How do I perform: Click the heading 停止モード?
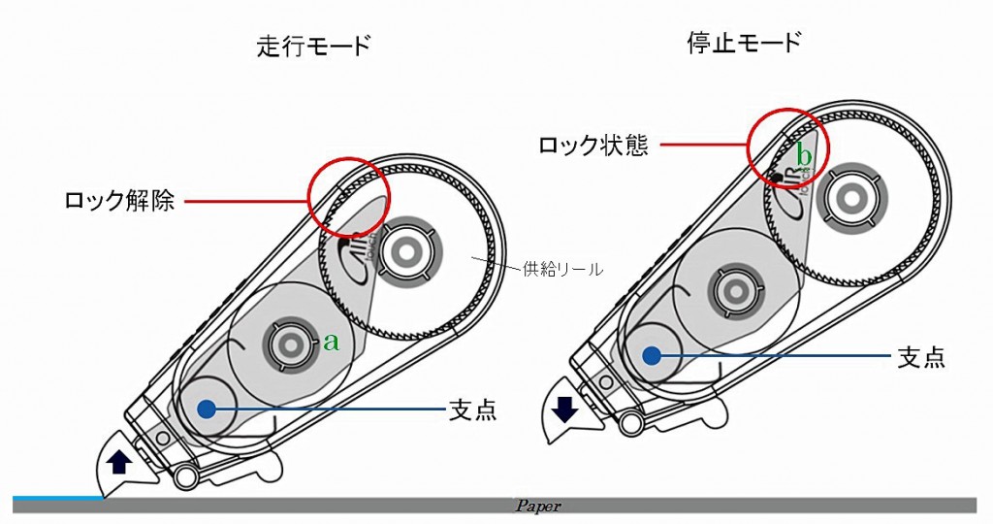(742, 43)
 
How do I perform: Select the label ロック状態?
(593, 146)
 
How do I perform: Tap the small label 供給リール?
(562, 269)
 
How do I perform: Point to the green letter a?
(331, 342)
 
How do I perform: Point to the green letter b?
(803, 153)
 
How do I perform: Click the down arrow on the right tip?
(565, 409)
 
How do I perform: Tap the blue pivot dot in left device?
(205, 409)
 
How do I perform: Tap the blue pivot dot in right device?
(652, 356)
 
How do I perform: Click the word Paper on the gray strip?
(538, 507)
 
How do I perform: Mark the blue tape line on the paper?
(58, 498)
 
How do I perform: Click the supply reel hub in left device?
(404, 250)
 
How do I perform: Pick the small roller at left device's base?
(187, 475)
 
